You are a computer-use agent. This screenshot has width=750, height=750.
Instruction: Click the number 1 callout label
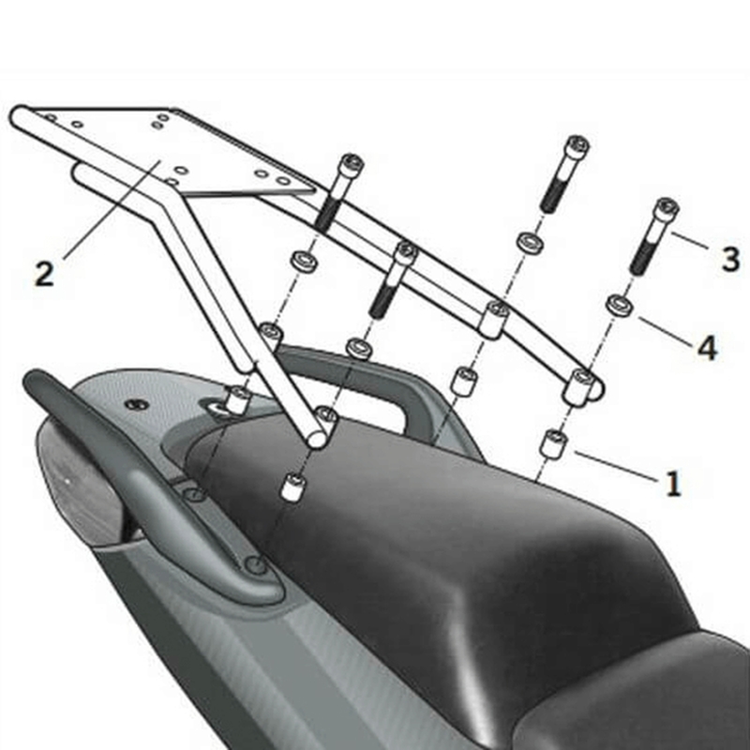tap(672, 484)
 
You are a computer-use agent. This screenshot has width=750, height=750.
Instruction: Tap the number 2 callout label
tap(44, 273)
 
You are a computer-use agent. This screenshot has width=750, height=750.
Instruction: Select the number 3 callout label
tap(730, 259)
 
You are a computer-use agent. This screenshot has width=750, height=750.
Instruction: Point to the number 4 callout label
tap(706, 348)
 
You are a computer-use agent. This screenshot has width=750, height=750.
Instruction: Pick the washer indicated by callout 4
tap(618, 305)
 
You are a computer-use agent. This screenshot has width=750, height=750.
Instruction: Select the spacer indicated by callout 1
tap(553, 442)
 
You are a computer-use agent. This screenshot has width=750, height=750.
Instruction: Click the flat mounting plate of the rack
tap(187, 150)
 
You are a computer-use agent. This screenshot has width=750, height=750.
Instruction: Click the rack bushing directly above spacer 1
tap(581, 384)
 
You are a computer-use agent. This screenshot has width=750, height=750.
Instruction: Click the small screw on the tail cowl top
tap(138, 404)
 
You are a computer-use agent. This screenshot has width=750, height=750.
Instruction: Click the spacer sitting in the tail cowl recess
tap(238, 399)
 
